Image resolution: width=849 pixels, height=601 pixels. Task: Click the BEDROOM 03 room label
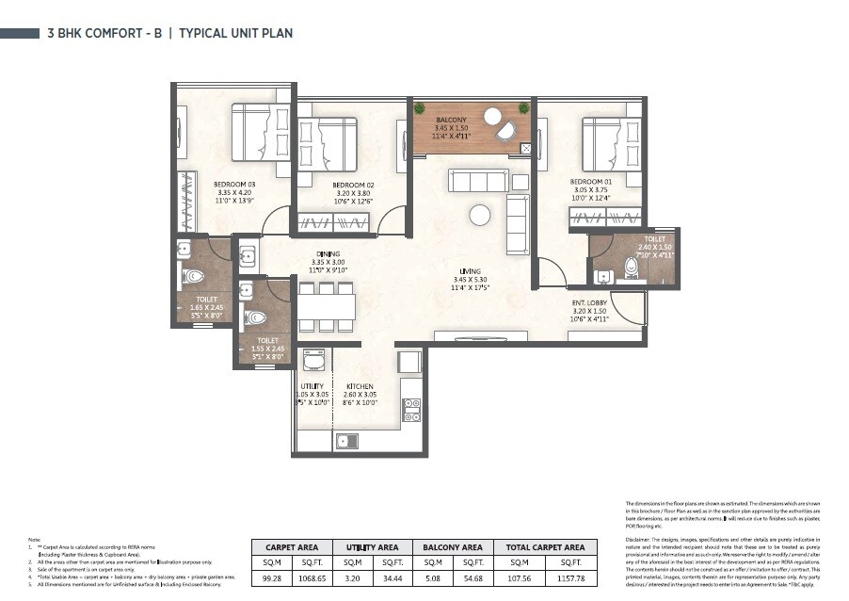(x=231, y=184)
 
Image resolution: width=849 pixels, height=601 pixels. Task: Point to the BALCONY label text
(x=451, y=121)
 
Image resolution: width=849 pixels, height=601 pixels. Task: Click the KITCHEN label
(x=360, y=386)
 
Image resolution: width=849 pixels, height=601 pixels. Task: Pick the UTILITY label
(x=312, y=386)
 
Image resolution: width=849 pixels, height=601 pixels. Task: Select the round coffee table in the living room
(x=480, y=215)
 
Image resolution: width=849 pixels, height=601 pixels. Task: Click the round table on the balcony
(x=492, y=116)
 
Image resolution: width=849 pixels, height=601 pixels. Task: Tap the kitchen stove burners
(x=411, y=409)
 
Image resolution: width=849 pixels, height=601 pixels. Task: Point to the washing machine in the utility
(x=313, y=361)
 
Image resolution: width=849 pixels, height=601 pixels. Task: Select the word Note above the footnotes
(x=34, y=539)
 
